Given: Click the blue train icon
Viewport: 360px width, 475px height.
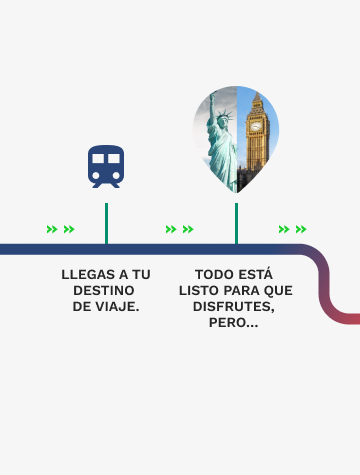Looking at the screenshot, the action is (x=106, y=166).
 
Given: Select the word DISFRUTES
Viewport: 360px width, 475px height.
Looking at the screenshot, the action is (x=236, y=306).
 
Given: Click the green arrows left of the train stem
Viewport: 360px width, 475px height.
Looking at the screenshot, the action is (x=60, y=229).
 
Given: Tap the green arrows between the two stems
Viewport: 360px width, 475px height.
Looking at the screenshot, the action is (x=179, y=229).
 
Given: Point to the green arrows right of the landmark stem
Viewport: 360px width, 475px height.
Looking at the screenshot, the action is (x=292, y=229).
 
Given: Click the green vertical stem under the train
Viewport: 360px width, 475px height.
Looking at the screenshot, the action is (x=106, y=222).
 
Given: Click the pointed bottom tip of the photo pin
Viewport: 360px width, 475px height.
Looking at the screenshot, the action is (x=237, y=191).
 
